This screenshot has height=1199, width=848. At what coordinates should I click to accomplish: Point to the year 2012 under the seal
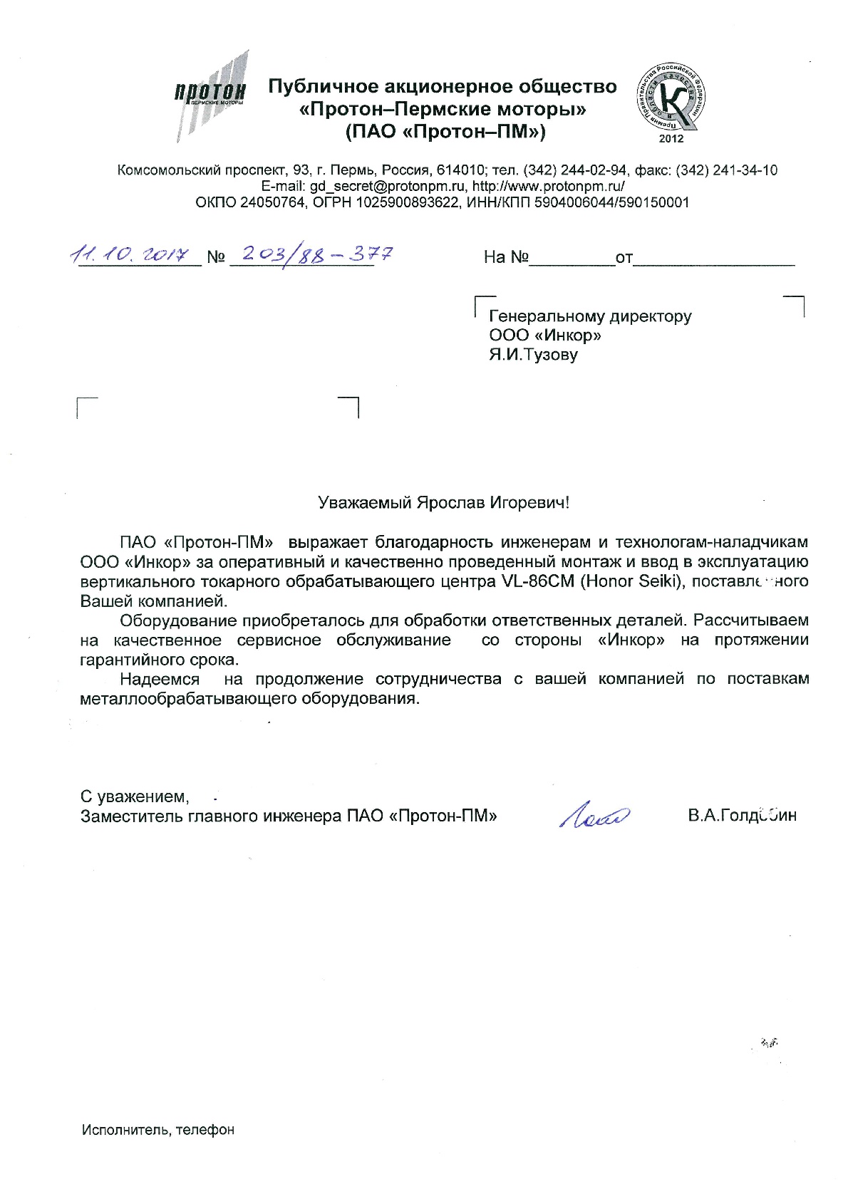(671, 138)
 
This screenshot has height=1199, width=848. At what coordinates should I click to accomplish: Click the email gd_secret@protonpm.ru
(385, 186)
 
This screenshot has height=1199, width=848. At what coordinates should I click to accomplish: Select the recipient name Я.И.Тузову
(533, 354)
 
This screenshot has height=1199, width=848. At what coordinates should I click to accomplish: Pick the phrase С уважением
(135, 796)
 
